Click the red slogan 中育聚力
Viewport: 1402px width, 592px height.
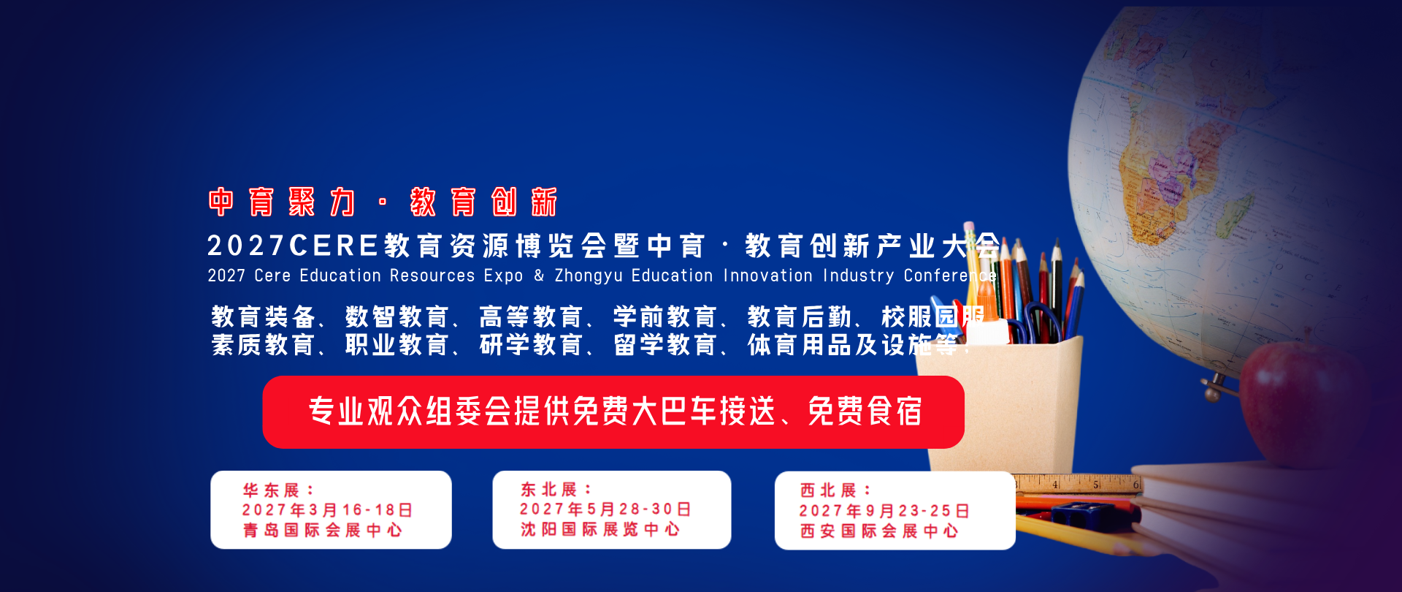point(282,202)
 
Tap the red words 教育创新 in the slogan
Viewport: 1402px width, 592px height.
point(483,202)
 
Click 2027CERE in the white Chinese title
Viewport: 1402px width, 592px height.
point(293,246)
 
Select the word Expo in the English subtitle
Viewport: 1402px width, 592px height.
point(504,276)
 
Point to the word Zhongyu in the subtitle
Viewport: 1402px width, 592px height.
point(588,276)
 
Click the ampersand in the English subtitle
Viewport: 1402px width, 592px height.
point(539,276)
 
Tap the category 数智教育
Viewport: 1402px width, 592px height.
point(397,317)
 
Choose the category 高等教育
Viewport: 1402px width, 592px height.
point(531,317)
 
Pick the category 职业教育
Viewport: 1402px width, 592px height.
point(397,345)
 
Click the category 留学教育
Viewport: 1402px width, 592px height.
point(665,345)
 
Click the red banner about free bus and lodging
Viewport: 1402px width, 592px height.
point(613,412)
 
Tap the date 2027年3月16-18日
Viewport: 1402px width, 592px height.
point(328,510)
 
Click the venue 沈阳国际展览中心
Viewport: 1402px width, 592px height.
point(600,529)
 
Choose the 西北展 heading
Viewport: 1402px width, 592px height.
point(835,490)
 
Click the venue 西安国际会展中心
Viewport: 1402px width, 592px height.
point(879,531)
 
